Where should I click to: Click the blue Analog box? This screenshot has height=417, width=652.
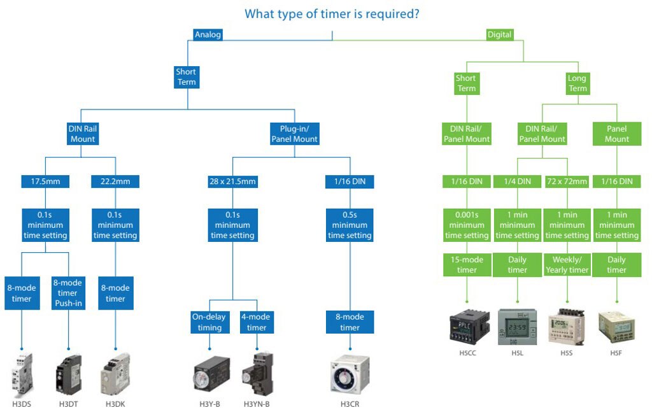click(208, 34)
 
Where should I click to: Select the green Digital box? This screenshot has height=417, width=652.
click(499, 34)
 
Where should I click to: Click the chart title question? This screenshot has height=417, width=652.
click(332, 13)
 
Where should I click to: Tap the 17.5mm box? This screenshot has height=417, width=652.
click(44, 181)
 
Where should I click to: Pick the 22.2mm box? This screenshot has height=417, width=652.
click(115, 181)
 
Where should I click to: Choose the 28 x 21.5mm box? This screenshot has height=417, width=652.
click(232, 181)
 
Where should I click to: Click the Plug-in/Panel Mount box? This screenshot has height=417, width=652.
click(294, 134)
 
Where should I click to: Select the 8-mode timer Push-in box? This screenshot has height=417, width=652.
click(68, 293)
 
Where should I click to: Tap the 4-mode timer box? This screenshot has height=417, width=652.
click(257, 322)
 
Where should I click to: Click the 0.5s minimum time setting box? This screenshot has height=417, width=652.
click(350, 225)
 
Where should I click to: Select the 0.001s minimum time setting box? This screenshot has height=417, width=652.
click(467, 225)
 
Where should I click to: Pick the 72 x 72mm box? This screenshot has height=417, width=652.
click(567, 181)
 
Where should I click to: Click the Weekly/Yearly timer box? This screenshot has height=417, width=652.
click(567, 264)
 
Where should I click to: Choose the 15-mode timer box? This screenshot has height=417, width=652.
click(467, 264)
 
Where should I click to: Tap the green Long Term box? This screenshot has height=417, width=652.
click(578, 83)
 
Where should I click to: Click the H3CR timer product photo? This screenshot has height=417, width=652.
click(350, 376)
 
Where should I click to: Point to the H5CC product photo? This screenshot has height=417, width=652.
click(469, 325)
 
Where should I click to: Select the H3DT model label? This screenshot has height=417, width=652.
click(68, 404)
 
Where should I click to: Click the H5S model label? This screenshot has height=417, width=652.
click(566, 353)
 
